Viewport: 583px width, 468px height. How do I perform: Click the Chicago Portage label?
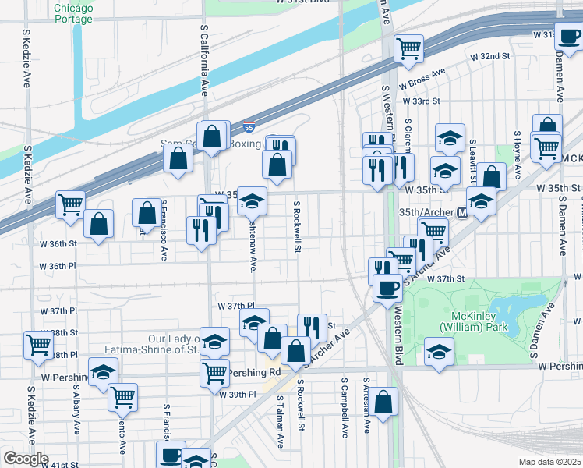pyautogui.click(x=73, y=13)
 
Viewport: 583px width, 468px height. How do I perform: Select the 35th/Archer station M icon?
pyautogui.click(x=462, y=213)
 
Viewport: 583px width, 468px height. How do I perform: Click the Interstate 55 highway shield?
pyautogui.click(x=249, y=126)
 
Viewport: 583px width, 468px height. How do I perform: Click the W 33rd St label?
pyautogui.click(x=421, y=101)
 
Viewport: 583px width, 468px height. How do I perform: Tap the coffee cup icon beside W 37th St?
pyautogui.click(x=387, y=289)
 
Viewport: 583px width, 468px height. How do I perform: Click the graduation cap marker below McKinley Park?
pyautogui.click(x=440, y=351)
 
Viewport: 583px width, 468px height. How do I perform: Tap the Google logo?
pyautogui.click(x=25, y=459)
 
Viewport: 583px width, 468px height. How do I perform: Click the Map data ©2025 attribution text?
pyautogui.click(x=549, y=462)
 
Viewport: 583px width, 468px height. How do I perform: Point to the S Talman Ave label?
pyautogui.click(x=280, y=421)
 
